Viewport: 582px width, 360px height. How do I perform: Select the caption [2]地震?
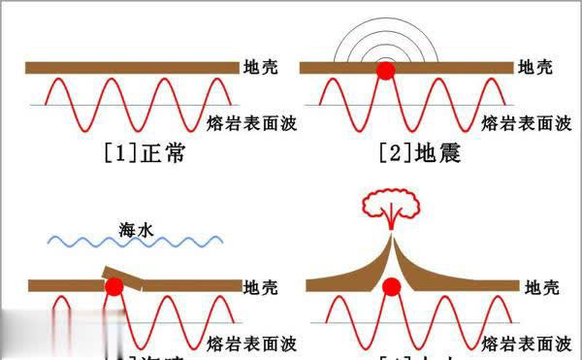point(420,152)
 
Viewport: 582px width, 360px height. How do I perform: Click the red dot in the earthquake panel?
point(386,70)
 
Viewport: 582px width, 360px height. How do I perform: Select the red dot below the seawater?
point(114,286)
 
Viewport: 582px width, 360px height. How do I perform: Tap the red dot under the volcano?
point(392,288)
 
